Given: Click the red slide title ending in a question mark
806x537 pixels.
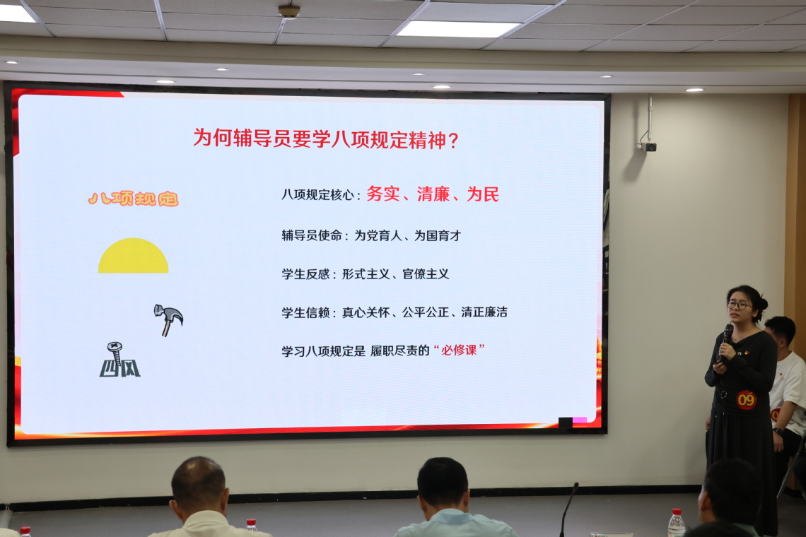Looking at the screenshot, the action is pyautogui.click(x=326, y=138).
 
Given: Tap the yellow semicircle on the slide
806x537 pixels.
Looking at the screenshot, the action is pyautogui.click(x=133, y=256).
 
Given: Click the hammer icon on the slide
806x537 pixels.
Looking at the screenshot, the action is pyautogui.click(x=168, y=319).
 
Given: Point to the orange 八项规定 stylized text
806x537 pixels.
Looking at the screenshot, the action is pyautogui.click(x=133, y=199).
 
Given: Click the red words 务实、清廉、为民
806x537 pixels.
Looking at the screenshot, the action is pyautogui.click(x=432, y=194).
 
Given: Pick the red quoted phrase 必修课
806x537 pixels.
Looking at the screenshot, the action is pyautogui.click(x=459, y=350).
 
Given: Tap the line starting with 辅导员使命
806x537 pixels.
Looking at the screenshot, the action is pyautogui.click(x=371, y=235).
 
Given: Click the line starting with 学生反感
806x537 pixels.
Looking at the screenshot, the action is pyautogui.click(x=365, y=274).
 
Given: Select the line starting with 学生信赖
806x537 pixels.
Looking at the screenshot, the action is pyautogui.click(x=395, y=312).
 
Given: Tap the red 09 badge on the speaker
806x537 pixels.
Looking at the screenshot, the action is pyautogui.click(x=746, y=399).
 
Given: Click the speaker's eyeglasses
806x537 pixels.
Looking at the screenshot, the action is pyautogui.click(x=739, y=305).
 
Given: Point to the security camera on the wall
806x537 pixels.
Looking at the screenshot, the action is pyautogui.click(x=649, y=143).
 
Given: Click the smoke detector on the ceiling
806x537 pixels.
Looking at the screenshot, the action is pyautogui.click(x=289, y=11).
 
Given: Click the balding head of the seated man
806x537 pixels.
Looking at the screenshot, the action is pyautogui.click(x=199, y=483).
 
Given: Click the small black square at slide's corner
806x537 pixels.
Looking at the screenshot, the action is pyautogui.click(x=566, y=423).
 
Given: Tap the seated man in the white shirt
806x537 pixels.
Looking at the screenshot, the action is pyautogui.click(x=786, y=380).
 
